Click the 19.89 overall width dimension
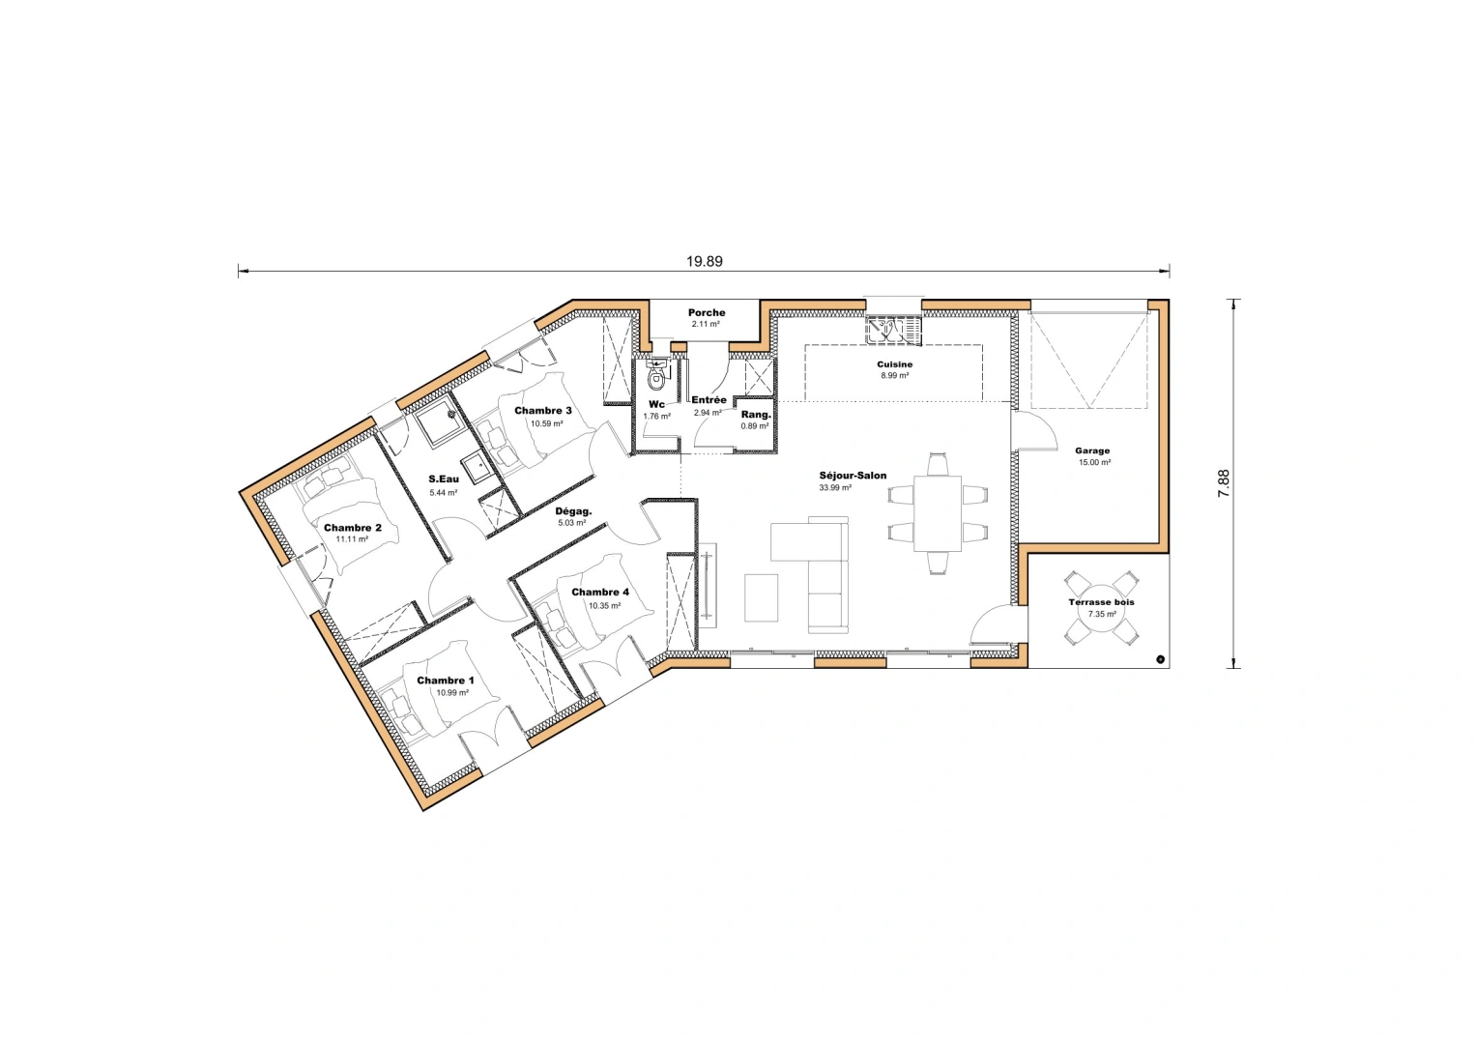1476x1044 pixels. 704,261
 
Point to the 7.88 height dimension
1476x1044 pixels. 1224,483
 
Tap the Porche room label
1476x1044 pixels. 707,312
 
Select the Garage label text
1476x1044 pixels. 1092,450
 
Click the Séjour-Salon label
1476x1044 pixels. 853,476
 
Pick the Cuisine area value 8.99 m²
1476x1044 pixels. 894,375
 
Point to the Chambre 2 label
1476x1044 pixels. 352,528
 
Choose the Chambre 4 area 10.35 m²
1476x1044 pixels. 604,606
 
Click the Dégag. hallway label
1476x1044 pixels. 573,511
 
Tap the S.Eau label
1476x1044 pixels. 444,479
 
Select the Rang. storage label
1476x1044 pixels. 756,415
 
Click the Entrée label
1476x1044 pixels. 709,400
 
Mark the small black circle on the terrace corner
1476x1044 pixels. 1160,660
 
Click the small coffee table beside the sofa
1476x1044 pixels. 762,598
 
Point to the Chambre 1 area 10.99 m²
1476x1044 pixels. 452,693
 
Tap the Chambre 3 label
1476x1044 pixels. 542,411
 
